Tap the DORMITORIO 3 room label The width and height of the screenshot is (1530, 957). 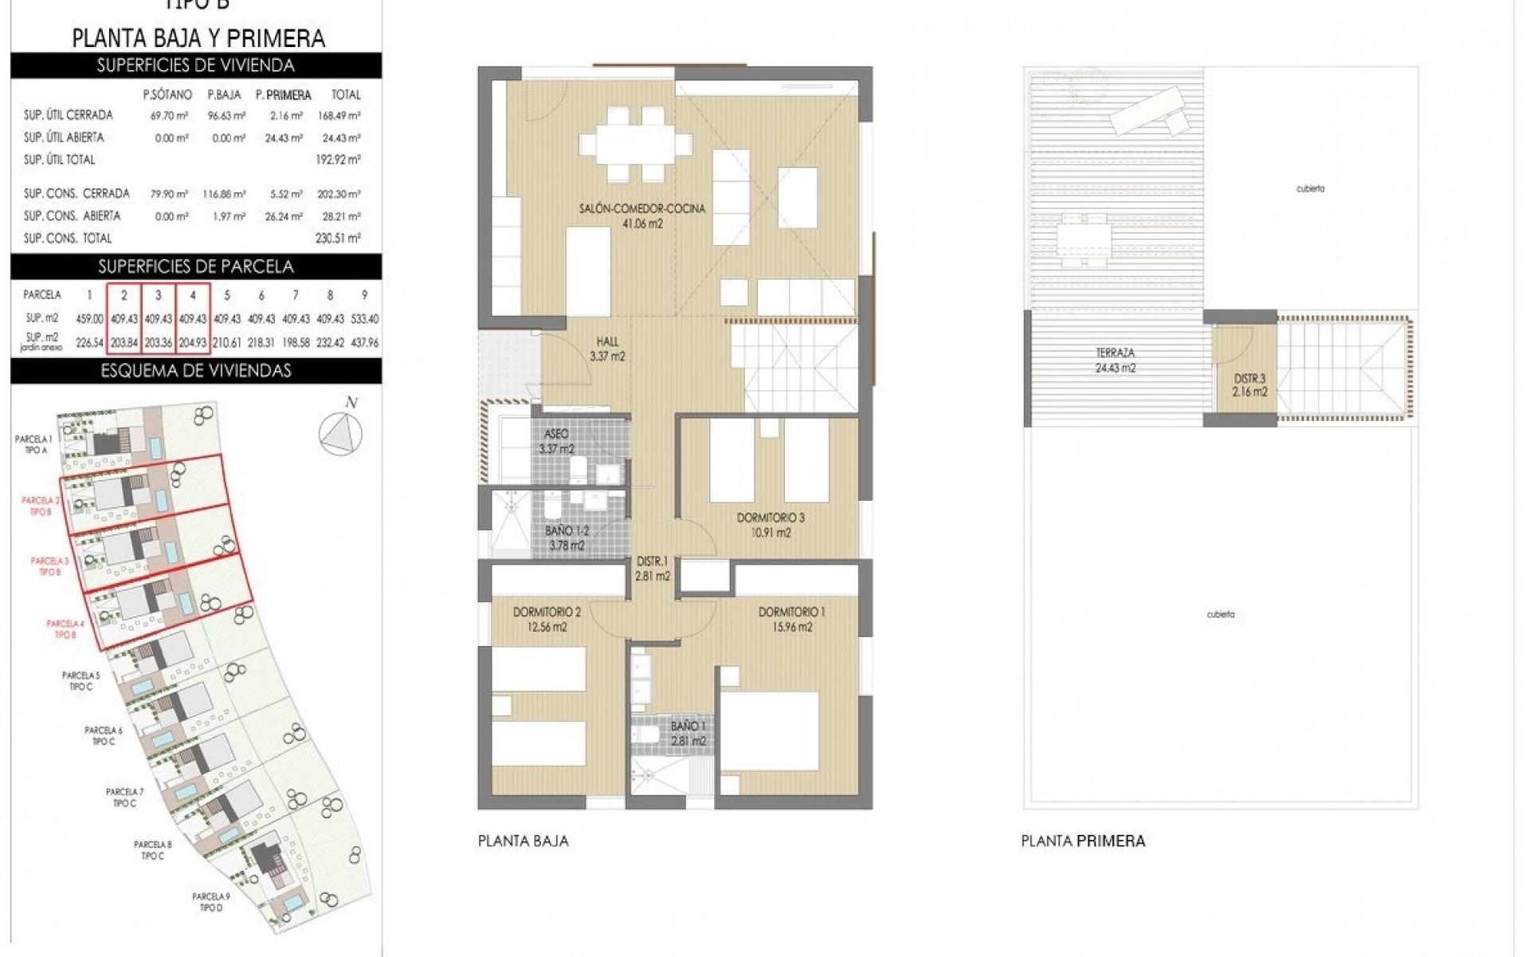[770, 518]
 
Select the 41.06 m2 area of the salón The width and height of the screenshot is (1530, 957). [642, 224]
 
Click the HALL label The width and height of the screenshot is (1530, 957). [607, 342]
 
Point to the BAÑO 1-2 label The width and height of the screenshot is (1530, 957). [567, 530]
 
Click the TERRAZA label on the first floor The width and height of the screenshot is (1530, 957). [1115, 352]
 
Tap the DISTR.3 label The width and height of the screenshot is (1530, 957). [1249, 379]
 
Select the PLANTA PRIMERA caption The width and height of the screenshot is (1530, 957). [1083, 841]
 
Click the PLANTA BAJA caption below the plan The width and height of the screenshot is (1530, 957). [523, 841]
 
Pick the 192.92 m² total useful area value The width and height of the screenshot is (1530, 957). [338, 159]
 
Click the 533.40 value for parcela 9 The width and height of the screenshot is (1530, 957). [364, 318]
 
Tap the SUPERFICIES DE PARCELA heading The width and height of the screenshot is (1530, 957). [195, 266]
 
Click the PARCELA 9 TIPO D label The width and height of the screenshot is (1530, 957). [210, 902]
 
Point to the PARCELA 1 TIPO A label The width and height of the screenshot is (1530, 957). [34, 444]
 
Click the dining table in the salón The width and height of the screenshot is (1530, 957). [635, 144]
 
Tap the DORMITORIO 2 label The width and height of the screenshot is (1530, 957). [546, 612]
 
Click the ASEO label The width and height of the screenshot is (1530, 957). [556, 434]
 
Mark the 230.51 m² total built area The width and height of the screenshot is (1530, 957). [338, 238]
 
